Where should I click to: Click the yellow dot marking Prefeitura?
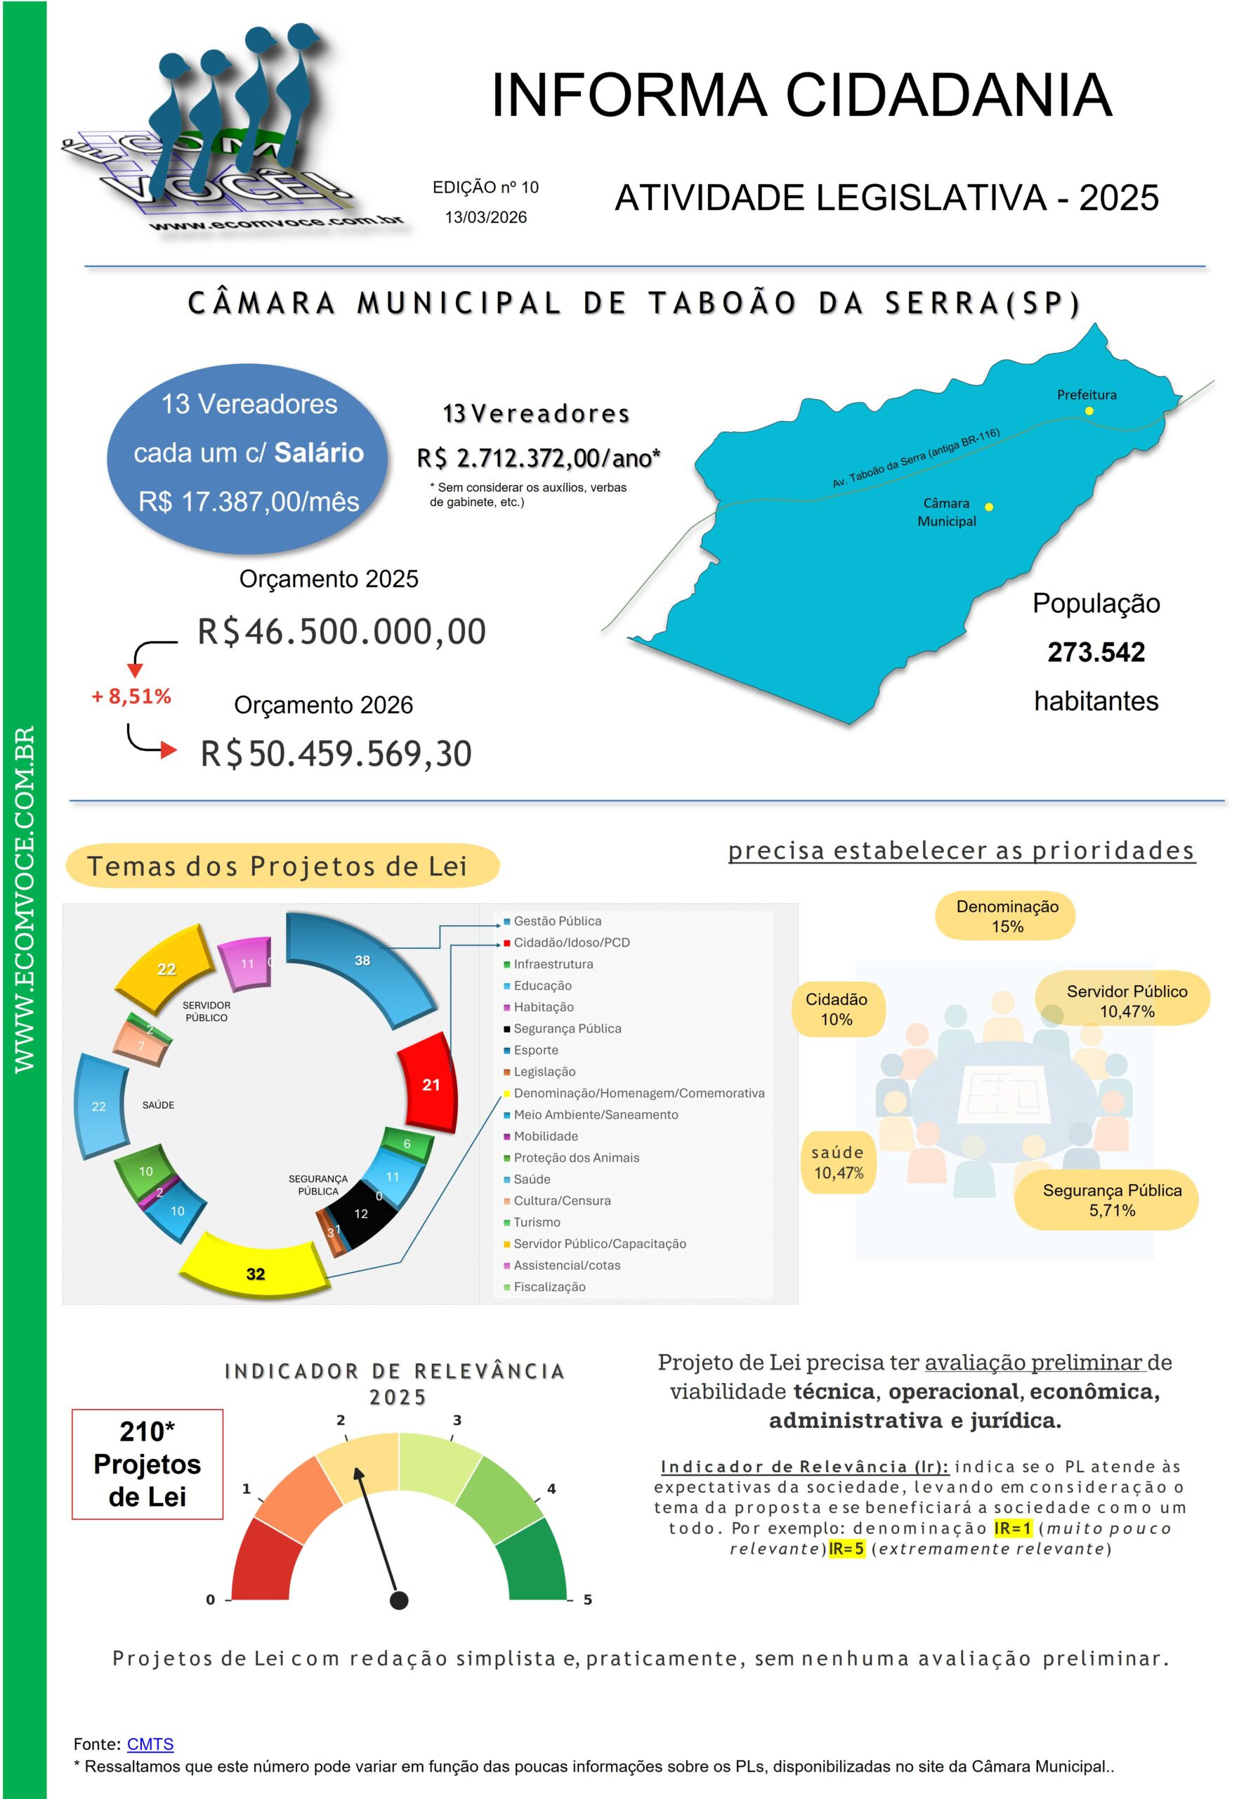[x=1088, y=410]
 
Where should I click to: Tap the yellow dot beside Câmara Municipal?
[x=988, y=507]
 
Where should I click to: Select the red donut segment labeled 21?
[x=428, y=1082]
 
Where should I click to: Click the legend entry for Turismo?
[x=537, y=1221]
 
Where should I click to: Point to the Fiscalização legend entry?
[x=549, y=1286]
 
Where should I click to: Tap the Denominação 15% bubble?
[x=1007, y=915]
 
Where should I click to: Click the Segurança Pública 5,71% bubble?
[x=1111, y=1199]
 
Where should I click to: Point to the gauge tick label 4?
[x=551, y=1488]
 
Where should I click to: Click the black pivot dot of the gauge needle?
[x=399, y=1599]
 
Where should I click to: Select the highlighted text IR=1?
[x=1012, y=1528]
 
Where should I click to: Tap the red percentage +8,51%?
[x=131, y=696]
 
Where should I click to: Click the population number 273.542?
[x=1095, y=652]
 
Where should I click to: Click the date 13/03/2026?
[x=485, y=217]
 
